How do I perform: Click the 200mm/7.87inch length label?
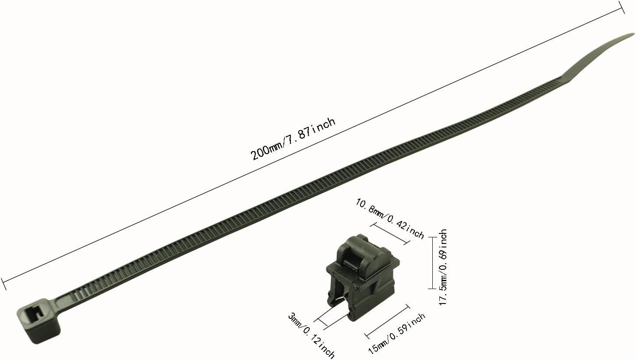[293, 139]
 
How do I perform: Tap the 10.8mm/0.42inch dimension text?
[389, 219]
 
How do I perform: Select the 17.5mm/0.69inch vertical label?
[443, 267]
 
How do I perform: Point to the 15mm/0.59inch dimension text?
[397, 334]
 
